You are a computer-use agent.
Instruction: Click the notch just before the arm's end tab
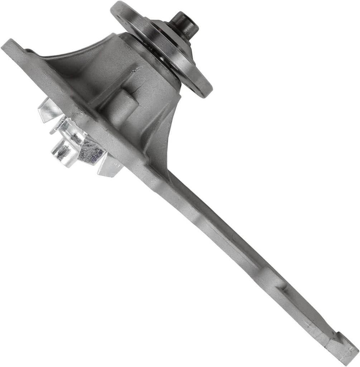pyautogui.click(x=333, y=333)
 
